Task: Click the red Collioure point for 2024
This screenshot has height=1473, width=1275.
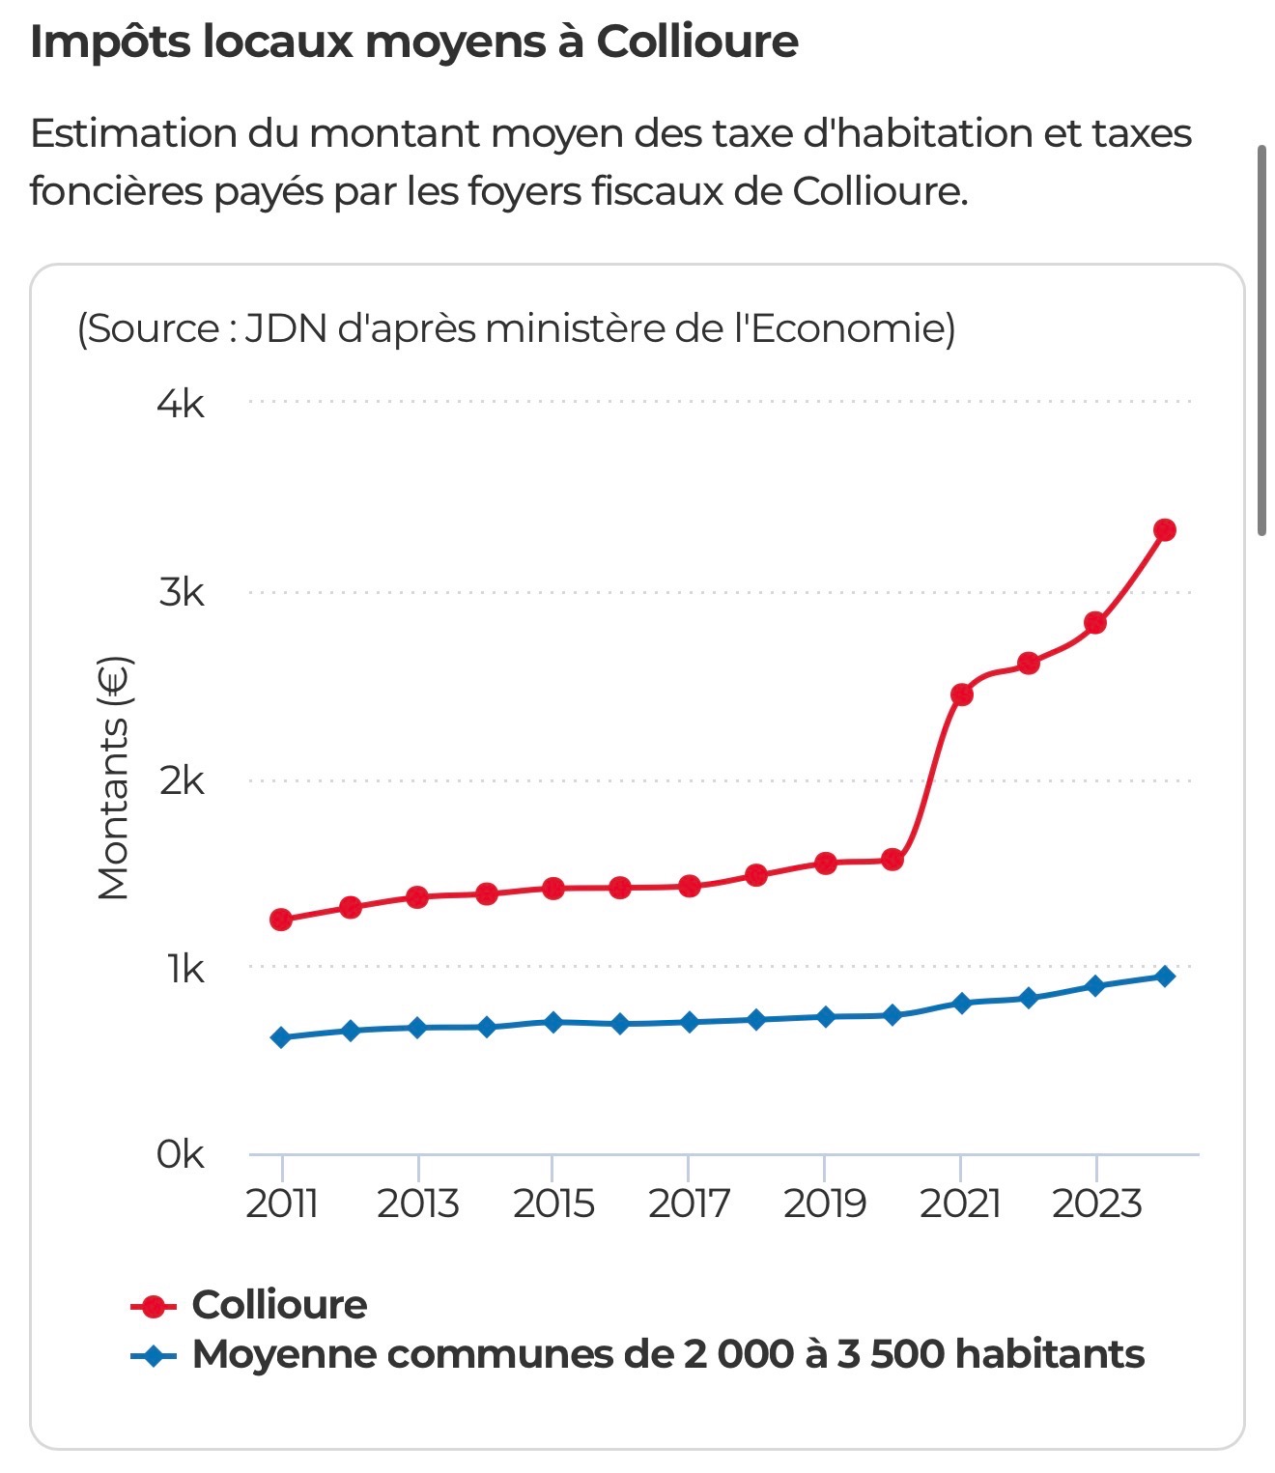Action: [1164, 529]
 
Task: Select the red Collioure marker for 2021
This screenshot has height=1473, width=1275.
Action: [961, 694]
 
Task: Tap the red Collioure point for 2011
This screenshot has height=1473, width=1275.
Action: [281, 919]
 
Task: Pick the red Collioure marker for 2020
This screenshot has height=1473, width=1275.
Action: [892, 859]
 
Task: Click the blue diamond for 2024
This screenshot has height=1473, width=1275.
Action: [1164, 976]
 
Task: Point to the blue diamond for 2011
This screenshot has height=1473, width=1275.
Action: [281, 1037]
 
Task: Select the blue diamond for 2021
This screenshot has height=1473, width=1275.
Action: [961, 1003]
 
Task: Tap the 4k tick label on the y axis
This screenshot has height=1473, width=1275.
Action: [181, 404]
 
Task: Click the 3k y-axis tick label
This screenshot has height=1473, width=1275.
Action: [181, 592]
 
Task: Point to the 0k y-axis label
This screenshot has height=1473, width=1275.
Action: [180, 1153]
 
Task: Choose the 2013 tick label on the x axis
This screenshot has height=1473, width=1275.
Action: [417, 1204]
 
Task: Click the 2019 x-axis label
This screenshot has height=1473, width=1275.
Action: [824, 1204]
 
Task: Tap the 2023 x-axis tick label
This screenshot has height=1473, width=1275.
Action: [1096, 1204]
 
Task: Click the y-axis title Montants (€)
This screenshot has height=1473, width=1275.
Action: [114, 779]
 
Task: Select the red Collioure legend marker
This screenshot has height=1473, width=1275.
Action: [154, 1306]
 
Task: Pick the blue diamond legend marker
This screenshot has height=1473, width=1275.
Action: [154, 1355]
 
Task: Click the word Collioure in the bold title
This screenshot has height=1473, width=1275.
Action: [696, 42]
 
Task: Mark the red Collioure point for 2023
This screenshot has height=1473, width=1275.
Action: [1095, 623]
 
